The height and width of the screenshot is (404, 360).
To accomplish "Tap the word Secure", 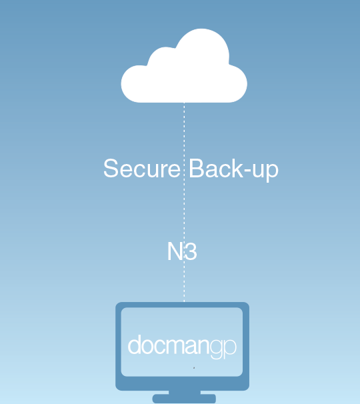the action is tap(142, 168).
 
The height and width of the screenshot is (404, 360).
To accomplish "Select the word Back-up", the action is tap(234, 170).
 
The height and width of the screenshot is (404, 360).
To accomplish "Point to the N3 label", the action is tap(182, 251).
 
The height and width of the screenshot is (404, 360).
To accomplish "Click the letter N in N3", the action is tap(175, 251).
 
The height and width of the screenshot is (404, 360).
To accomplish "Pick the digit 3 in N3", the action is tap(191, 251).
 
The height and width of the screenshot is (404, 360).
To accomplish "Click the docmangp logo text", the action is tap(182, 346).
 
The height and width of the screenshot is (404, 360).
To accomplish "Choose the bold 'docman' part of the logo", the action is tap(169, 345).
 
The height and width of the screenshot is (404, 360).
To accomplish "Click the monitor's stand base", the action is tap(184, 399).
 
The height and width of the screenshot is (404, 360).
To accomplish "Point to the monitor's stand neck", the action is tap(185, 392).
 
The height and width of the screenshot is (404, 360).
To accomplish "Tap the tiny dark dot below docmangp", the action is tap(194, 368).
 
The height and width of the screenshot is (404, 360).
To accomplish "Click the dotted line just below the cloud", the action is tap(184, 129).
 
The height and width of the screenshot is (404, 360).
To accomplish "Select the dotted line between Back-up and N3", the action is tap(184, 210).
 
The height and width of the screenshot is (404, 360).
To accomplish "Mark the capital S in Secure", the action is tap(111, 168).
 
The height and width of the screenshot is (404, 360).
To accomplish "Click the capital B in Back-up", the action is tap(197, 168).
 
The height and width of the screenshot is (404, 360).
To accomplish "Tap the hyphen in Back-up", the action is tap(247, 171).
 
